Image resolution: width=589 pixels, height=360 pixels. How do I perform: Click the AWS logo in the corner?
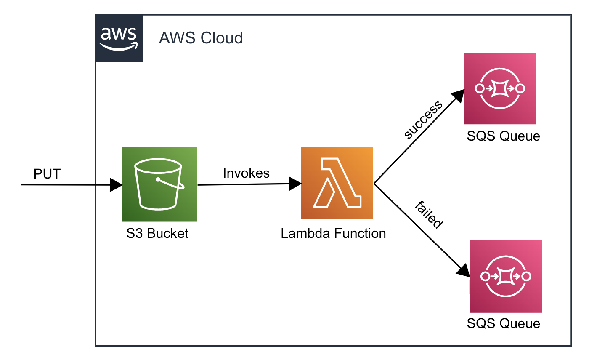pos(119,38)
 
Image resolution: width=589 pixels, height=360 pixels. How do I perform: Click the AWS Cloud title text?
pos(201,38)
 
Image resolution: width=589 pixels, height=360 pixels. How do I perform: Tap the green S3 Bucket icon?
pos(159,184)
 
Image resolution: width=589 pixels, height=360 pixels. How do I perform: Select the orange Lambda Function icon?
pos(337,183)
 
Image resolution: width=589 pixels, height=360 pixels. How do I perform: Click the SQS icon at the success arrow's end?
pos(500,88)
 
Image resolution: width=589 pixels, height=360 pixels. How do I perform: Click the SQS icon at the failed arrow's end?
pos(506,276)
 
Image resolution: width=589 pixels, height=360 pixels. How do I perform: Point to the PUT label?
pos(47,174)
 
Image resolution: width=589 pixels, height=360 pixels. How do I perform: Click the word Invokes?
pos(246,173)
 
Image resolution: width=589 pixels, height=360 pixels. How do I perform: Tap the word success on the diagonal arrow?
pos(423,120)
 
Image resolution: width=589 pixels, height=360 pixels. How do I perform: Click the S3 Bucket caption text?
pos(158,234)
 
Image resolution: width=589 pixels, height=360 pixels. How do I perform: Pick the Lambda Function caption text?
pos(333,234)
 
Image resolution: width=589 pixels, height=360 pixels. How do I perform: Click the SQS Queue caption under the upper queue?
pos(503,136)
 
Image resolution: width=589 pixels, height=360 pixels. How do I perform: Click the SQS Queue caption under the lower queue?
pos(503,323)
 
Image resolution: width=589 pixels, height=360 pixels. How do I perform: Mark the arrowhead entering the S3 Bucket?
pos(116,185)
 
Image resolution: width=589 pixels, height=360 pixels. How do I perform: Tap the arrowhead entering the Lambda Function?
pos(295,184)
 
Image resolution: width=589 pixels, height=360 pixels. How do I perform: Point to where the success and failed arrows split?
pos(374,184)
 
